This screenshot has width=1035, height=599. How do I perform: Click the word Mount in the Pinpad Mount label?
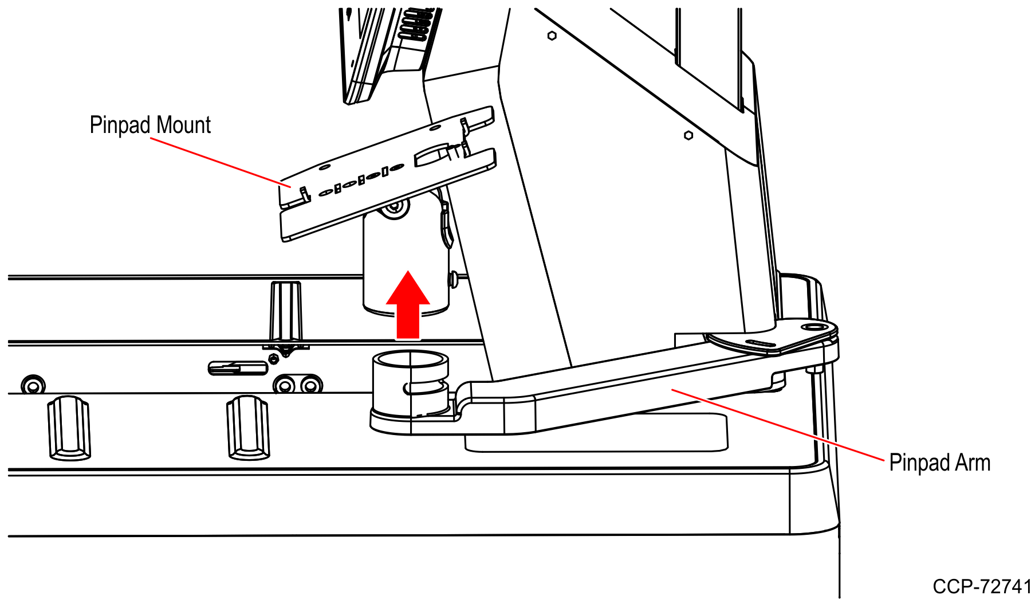click(184, 125)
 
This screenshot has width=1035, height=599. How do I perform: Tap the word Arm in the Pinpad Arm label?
click(973, 463)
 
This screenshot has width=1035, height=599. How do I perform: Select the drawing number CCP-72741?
click(982, 586)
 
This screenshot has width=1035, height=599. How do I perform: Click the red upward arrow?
click(408, 304)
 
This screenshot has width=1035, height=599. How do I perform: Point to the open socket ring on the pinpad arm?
click(410, 361)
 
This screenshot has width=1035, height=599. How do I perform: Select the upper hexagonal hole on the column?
click(552, 36)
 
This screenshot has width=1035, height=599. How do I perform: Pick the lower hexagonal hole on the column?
click(688, 135)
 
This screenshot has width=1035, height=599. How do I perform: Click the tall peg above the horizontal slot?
click(286, 312)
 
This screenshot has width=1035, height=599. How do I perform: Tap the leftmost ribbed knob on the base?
click(69, 428)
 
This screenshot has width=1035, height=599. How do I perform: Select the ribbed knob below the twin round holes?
click(248, 427)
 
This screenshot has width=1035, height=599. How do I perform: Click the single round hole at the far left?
click(33, 385)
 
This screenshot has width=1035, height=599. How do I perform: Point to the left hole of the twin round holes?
click(285, 385)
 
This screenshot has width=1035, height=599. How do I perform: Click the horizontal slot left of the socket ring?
click(238, 367)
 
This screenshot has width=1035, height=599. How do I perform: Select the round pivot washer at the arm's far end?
click(813, 327)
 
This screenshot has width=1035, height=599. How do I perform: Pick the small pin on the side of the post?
click(454, 279)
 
